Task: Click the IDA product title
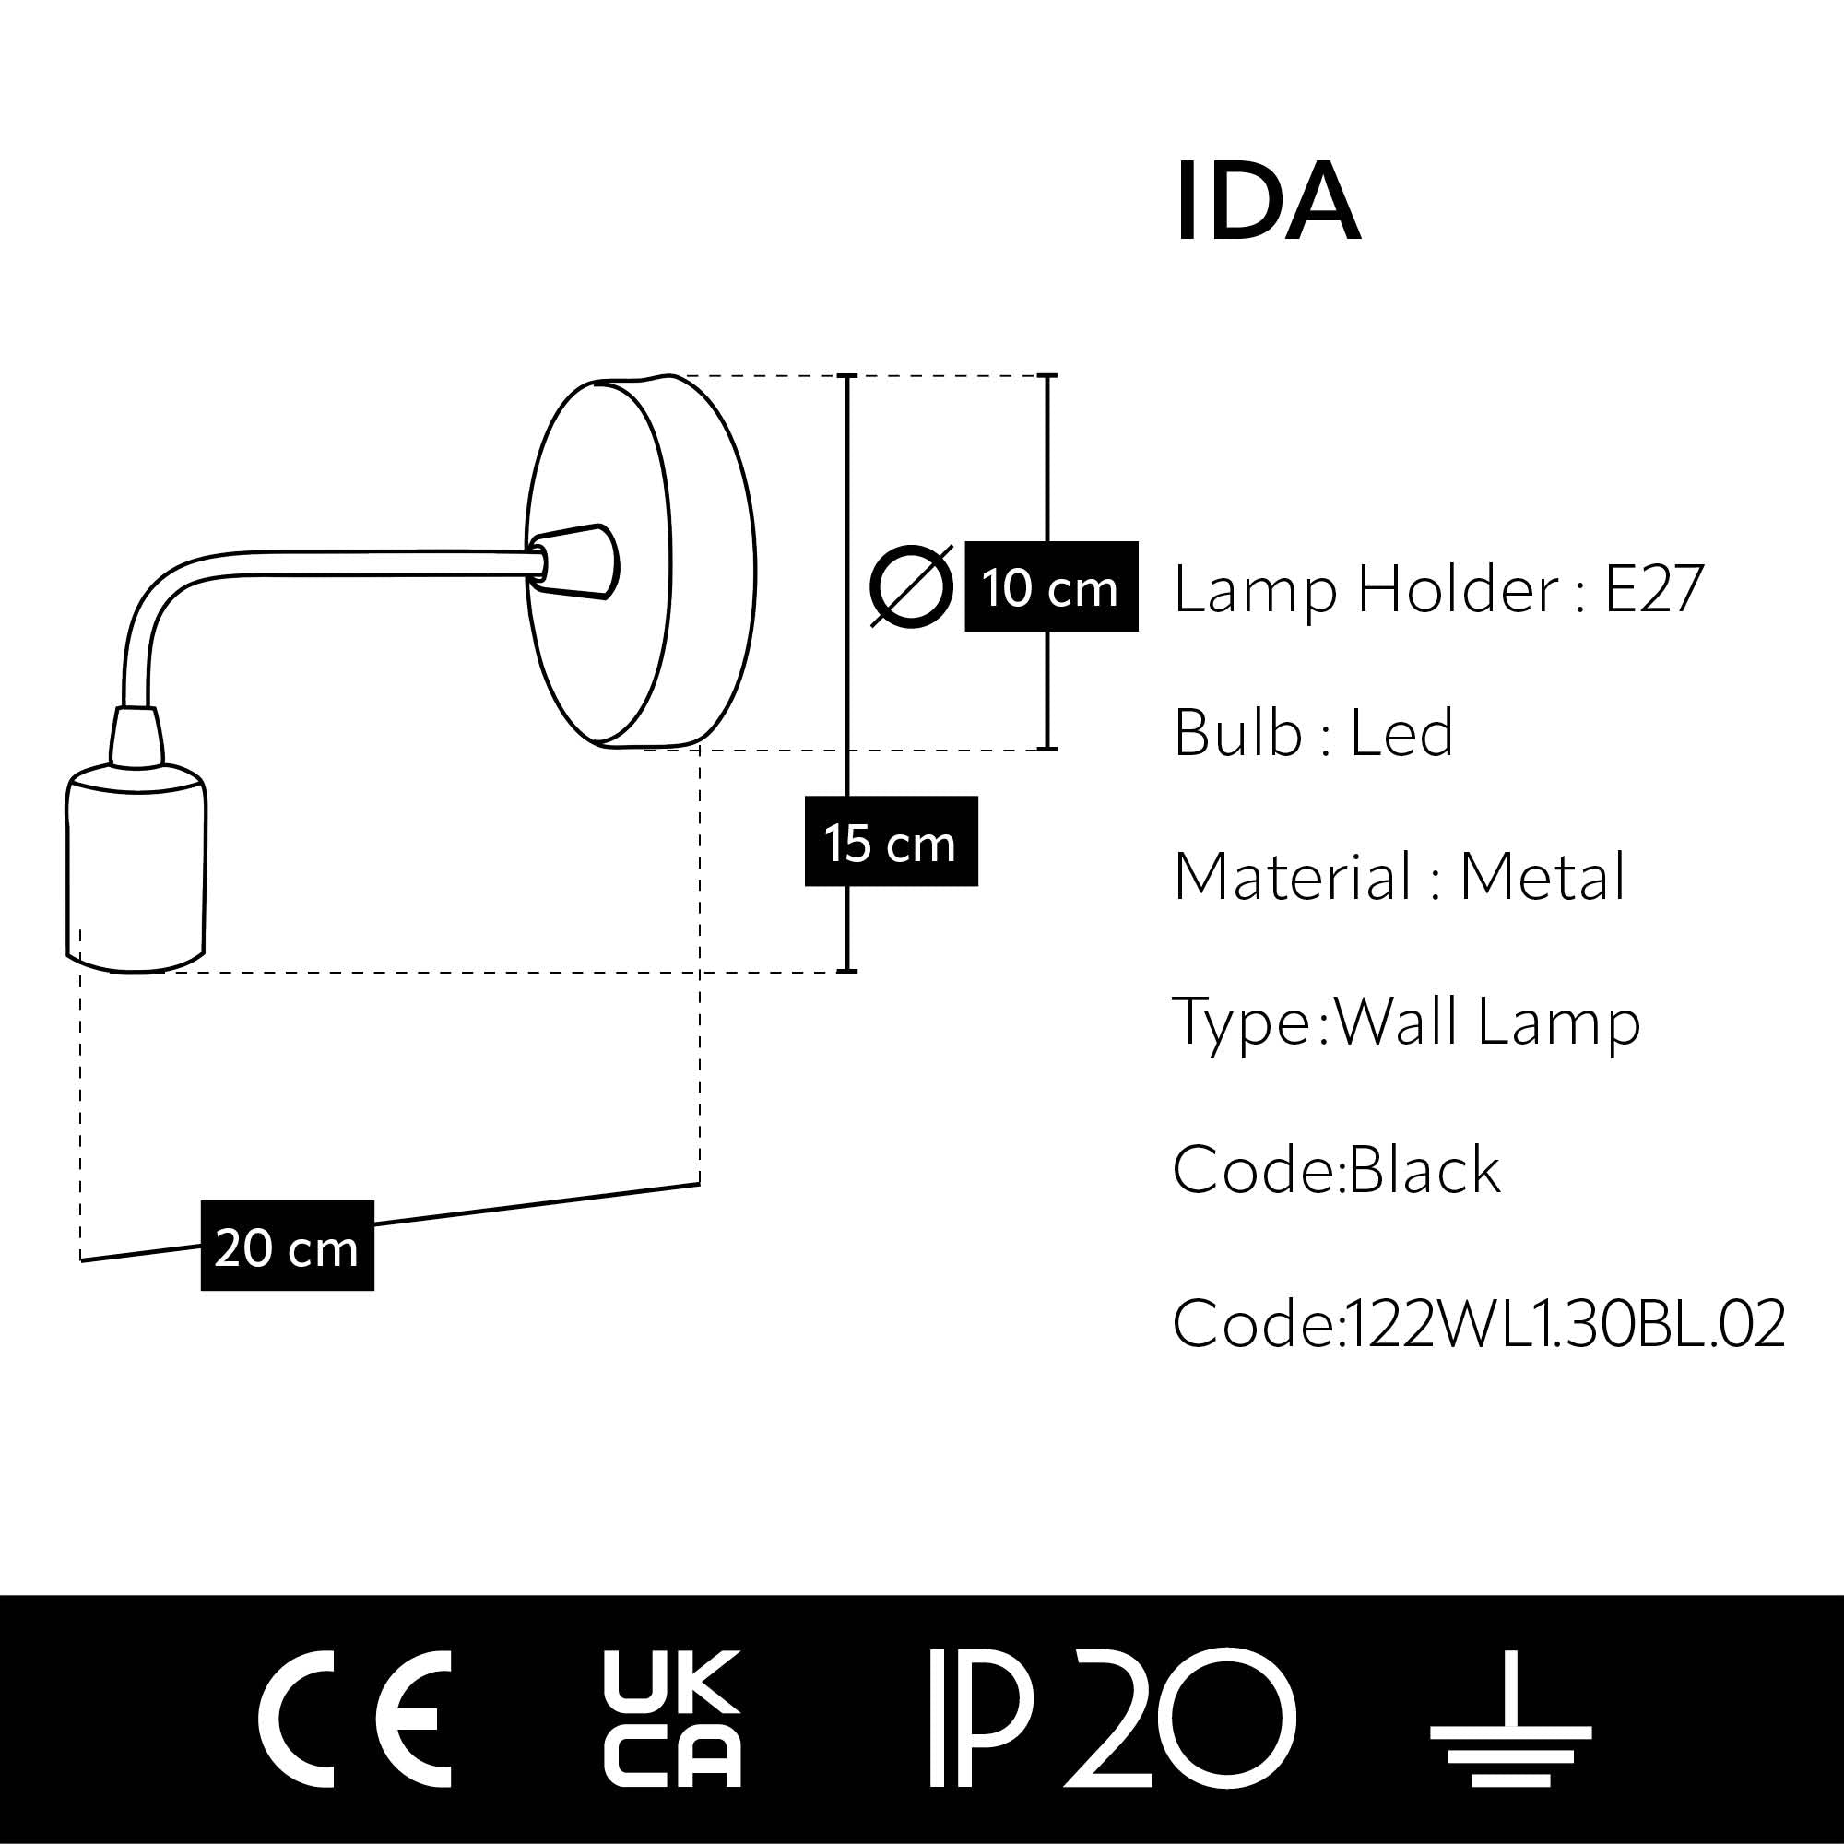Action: (1267, 202)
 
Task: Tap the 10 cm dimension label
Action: (1050, 587)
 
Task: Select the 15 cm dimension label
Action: (891, 842)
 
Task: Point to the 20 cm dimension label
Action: (287, 1247)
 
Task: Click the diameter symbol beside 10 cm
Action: (912, 587)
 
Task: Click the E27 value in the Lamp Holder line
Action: (1653, 589)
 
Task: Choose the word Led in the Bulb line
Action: (1401, 733)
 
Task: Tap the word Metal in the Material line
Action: (1542, 876)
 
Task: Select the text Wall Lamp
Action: (1487, 1022)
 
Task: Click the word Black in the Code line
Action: (1424, 1169)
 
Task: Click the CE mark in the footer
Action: (354, 1718)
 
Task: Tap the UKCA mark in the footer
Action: (671, 1718)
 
